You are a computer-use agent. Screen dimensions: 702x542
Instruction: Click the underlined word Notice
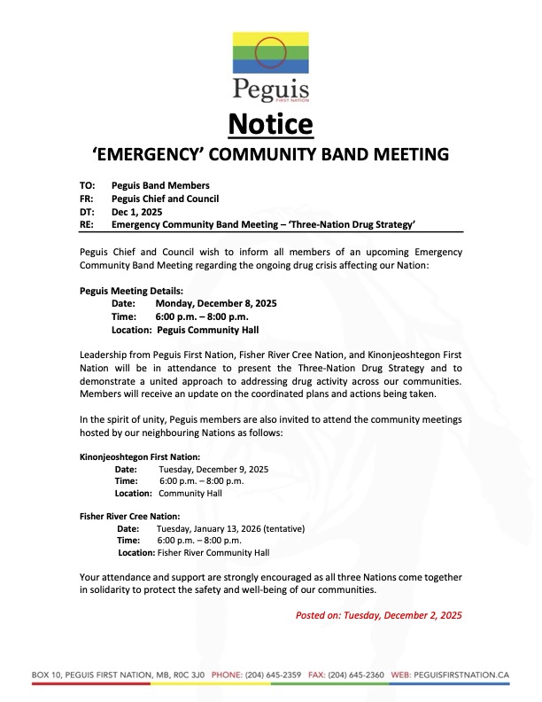271,122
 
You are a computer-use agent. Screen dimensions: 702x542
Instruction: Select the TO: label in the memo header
88,185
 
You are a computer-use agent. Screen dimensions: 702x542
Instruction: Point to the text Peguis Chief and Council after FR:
166,199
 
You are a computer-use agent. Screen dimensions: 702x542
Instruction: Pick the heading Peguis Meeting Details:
132,290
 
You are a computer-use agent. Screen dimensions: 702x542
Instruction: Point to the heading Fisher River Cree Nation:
130,516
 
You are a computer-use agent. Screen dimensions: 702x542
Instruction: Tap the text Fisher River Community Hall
213,552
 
